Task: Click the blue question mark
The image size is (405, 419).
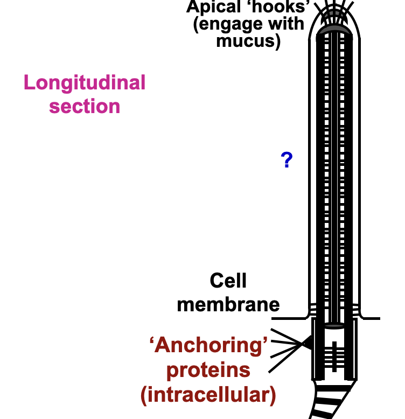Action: (287, 160)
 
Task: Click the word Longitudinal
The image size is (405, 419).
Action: (85, 83)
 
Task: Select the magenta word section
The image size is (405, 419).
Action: (85, 106)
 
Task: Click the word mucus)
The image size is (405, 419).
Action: (248, 41)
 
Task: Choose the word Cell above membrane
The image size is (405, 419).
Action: (228, 281)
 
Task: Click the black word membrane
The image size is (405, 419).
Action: (228, 304)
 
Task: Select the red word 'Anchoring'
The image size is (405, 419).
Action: (208, 345)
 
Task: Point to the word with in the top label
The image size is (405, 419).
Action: (288, 24)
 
